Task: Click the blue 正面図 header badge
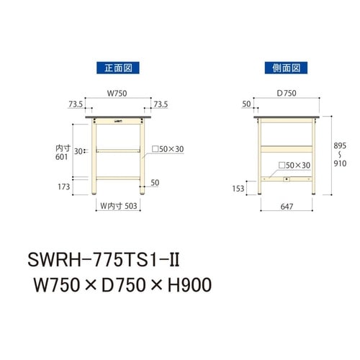[117, 68]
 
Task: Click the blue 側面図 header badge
[284, 68]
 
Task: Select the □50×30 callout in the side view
[294, 165]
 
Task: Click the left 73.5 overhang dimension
[76, 104]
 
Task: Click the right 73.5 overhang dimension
[161, 104]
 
